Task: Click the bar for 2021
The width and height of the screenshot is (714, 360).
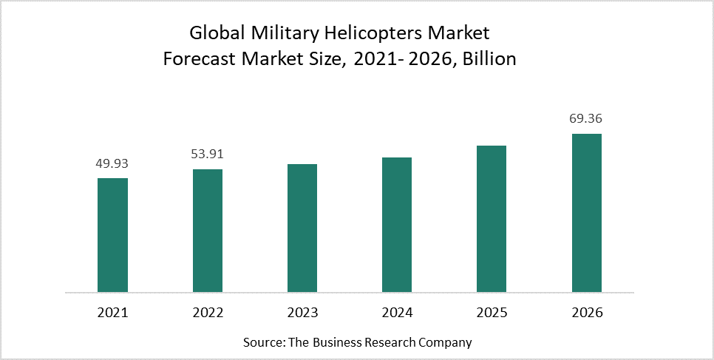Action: click(112, 235)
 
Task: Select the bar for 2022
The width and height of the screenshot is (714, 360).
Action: click(207, 231)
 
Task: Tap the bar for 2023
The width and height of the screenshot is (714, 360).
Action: click(302, 228)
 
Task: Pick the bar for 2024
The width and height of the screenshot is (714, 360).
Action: click(397, 225)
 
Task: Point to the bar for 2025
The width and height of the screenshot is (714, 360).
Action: click(492, 219)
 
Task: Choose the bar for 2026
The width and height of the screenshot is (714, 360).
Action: click(587, 213)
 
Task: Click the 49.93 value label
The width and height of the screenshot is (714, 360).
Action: click(112, 163)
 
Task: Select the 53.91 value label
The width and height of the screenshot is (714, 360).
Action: click(207, 154)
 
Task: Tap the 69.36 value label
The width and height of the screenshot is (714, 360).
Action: click(587, 118)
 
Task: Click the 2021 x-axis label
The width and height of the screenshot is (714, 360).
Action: click(112, 313)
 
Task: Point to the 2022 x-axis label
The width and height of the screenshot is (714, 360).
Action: click(207, 313)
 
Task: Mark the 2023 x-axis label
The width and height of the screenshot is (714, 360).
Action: click(302, 313)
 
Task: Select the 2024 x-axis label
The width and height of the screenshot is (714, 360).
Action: click(397, 313)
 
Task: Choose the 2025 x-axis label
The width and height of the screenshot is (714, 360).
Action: click(492, 313)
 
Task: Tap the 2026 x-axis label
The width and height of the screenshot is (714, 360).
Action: click(587, 313)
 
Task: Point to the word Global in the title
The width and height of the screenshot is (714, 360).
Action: click(217, 34)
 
